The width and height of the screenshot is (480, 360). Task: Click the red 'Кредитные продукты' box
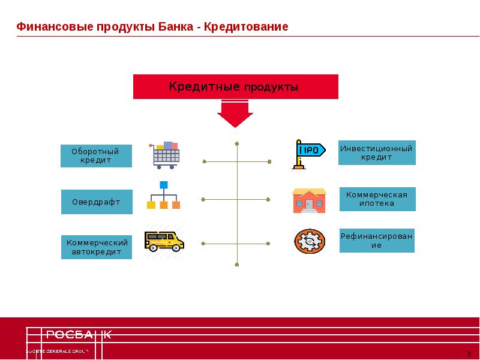(x=235, y=87)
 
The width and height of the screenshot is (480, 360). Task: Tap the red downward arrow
(x=235, y=113)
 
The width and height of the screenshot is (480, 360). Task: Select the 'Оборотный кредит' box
(x=96, y=156)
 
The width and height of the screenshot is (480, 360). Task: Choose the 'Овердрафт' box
(x=96, y=202)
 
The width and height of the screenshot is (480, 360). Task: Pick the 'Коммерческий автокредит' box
(x=96, y=247)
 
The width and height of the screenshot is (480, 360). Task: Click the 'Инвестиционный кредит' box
(x=377, y=152)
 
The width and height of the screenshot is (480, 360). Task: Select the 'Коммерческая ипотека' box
(x=377, y=199)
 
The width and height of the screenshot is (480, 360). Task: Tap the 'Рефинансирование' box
(x=377, y=241)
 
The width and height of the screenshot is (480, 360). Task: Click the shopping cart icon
(x=164, y=155)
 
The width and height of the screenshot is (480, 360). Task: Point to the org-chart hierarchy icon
(x=163, y=196)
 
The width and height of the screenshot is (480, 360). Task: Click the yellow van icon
(x=164, y=241)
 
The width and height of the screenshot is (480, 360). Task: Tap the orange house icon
(x=309, y=200)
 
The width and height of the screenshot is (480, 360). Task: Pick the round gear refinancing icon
(x=309, y=241)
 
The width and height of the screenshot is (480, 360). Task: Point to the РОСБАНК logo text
(x=78, y=335)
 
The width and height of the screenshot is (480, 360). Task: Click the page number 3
(x=469, y=352)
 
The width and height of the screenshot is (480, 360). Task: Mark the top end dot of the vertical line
(x=237, y=143)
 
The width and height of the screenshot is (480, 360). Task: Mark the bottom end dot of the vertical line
(x=237, y=264)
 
